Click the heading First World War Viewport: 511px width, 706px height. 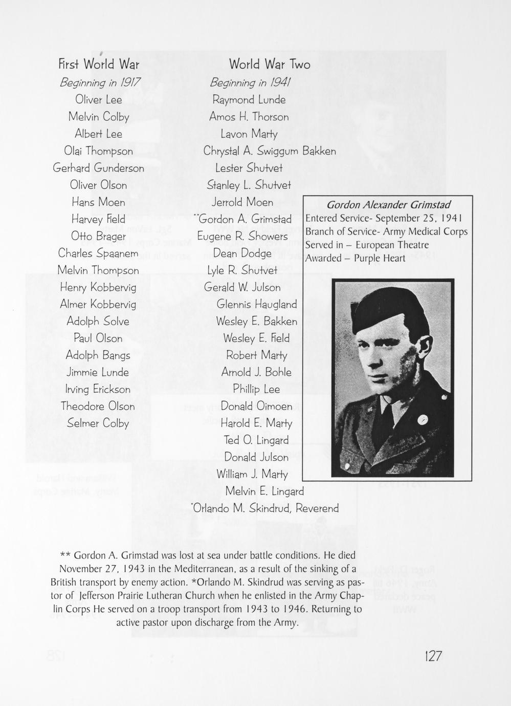tap(99, 65)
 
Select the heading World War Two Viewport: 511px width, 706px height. tap(270, 65)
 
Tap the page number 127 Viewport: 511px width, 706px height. tap(432, 656)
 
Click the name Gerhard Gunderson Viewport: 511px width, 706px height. tap(99, 168)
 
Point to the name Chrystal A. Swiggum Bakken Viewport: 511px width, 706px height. tap(270, 151)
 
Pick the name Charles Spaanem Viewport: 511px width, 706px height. tap(98, 253)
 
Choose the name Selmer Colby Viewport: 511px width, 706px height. tap(98, 423)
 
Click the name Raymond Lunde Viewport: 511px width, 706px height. tap(249, 100)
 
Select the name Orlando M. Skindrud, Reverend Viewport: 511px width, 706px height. tap(265, 508)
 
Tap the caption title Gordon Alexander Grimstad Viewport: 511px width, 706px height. tap(388, 205)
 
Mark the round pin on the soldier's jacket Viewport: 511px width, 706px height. tap(423, 419)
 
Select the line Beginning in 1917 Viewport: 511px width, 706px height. tap(100, 82)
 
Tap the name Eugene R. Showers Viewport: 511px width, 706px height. tap(243, 237)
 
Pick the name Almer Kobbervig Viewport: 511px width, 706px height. tap(98, 305)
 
